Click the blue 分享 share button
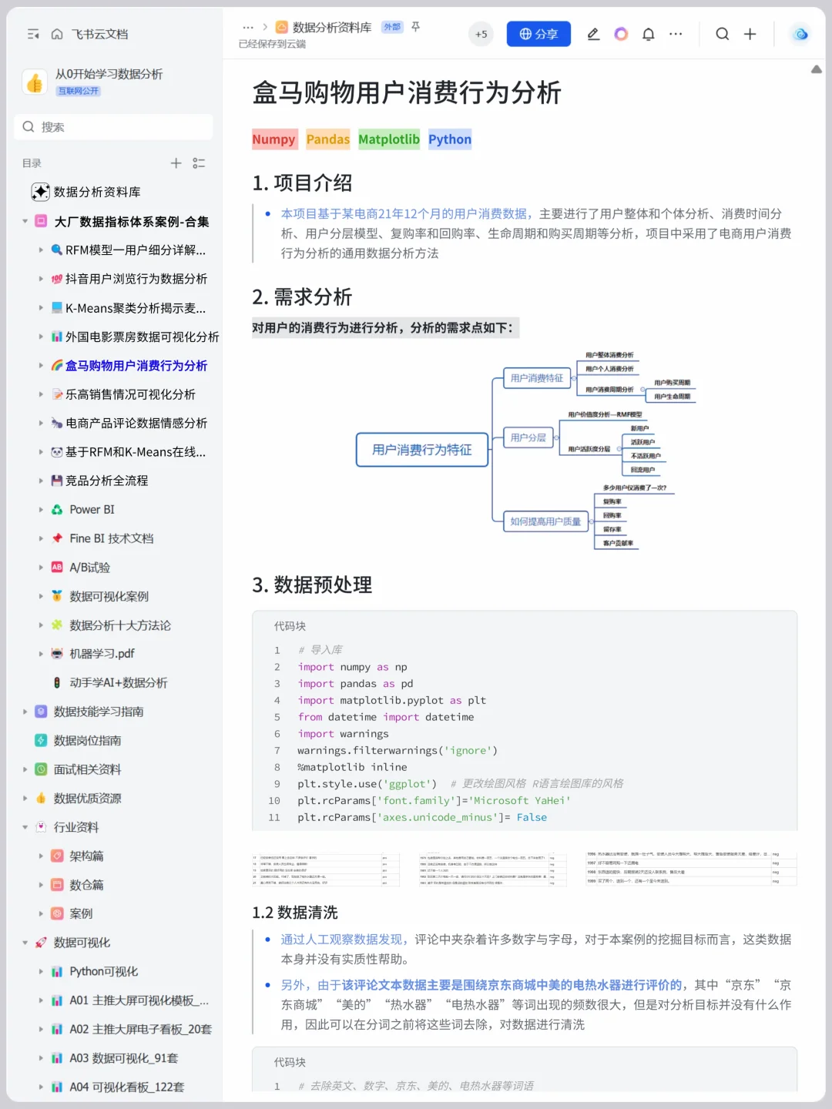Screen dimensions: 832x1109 (x=538, y=34)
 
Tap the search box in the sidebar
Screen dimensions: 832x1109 (x=113, y=127)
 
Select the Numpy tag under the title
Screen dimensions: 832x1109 (x=273, y=139)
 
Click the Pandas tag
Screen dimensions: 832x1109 (x=328, y=139)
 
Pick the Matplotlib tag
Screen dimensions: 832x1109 (x=389, y=139)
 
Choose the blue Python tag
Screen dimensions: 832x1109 (x=450, y=139)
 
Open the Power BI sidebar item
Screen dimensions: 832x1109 (x=92, y=510)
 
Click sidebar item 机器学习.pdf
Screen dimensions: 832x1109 (x=102, y=654)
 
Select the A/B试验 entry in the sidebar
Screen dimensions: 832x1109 (x=89, y=568)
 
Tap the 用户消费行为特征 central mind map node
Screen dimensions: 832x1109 (x=422, y=450)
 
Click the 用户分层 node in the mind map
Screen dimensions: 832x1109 (x=528, y=437)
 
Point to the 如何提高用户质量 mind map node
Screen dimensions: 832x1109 (x=545, y=521)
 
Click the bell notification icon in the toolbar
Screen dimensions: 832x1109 (x=649, y=34)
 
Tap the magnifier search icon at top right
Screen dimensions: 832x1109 (x=722, y=34)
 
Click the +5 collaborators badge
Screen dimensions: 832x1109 (x=481, y=34)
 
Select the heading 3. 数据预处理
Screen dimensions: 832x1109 (x=312, y=585)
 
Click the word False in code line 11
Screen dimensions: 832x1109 (x=532, y=818)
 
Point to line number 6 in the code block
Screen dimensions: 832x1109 (x=277, y=734)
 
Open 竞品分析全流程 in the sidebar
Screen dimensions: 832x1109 (x=106, y=481)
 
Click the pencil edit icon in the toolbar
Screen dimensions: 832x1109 (x=593, y=34)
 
